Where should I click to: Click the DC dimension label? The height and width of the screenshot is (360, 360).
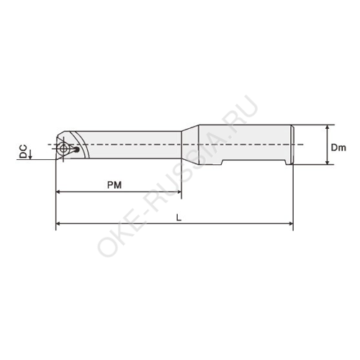click(x=23, y=151)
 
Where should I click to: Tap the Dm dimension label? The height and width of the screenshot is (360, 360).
click(x=338, y=148)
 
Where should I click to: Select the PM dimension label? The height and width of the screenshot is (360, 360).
click(x=114, y=185)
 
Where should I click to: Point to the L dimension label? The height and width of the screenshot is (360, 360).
click(x=179, y=217)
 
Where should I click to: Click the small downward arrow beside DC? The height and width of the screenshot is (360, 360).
click(x=30, y=154)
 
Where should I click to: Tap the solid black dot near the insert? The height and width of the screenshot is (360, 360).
click(x=76, y=150)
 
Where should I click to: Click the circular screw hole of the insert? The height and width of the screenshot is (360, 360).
click(x=63, y=148)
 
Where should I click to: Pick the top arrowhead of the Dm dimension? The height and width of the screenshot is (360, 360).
click(x=328, y=127)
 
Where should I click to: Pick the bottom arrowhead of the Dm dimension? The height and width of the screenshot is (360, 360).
click(x=328, y=162)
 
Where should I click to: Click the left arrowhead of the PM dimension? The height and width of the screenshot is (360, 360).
click(x=58, y=192)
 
